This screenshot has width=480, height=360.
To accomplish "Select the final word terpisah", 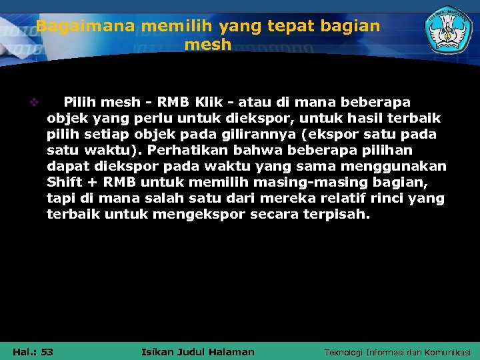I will [340, 215].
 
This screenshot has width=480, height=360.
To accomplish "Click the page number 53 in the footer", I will [47, 351].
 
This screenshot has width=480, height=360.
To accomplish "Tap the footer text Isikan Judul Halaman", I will [199, 351].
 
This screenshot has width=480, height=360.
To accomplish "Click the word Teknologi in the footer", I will [346, 352].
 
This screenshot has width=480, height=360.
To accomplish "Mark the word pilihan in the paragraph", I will [389, 151].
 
